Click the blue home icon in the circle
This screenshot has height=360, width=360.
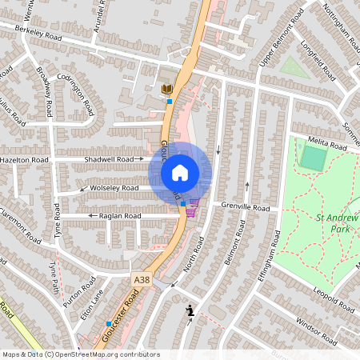180,172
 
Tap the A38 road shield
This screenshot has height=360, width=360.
142,279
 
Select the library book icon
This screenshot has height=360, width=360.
167,88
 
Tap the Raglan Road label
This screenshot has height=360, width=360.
119,216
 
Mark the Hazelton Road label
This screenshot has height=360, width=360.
25,160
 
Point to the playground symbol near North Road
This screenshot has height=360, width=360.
190,310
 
